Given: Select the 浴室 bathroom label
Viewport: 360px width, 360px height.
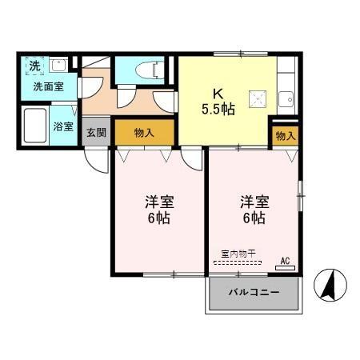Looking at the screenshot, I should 63,126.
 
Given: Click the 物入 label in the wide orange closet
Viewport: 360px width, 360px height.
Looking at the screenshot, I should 144,132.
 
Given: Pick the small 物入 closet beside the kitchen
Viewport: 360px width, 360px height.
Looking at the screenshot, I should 285,136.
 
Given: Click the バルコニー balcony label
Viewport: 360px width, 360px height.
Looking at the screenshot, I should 254,293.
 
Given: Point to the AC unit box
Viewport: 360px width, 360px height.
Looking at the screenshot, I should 285,261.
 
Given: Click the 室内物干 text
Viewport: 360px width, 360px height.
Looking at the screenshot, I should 238,254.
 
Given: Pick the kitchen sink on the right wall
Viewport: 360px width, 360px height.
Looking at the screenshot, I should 286,101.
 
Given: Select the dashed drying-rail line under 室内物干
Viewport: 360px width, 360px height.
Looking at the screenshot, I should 238,262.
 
